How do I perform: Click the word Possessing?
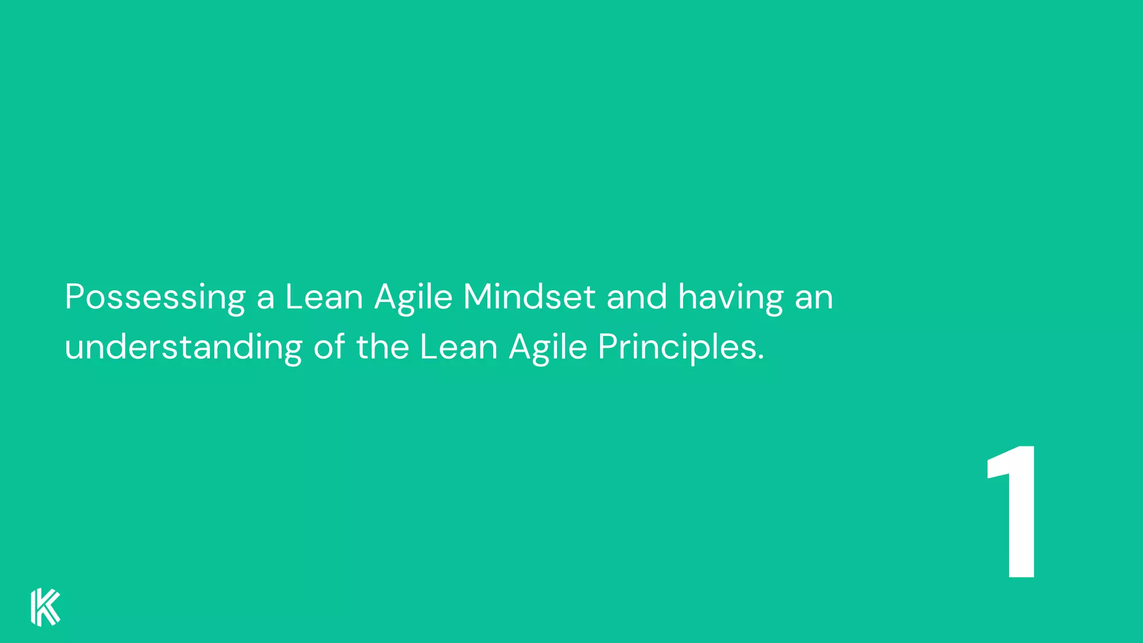[155, 297]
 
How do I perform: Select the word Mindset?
[529, 296]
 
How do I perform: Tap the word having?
[731, 297]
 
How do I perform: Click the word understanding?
[183, 347]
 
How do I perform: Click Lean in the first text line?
[324, 296]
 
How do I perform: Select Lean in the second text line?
[458, 347]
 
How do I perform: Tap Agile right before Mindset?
[413, 297]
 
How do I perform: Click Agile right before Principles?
[548, 348]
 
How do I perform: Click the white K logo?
[45, 607]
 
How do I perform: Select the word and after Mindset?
[637, 296]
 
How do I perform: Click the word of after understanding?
[329, 347]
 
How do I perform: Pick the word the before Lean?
[383, 347]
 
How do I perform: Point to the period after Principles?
[761, 358]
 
